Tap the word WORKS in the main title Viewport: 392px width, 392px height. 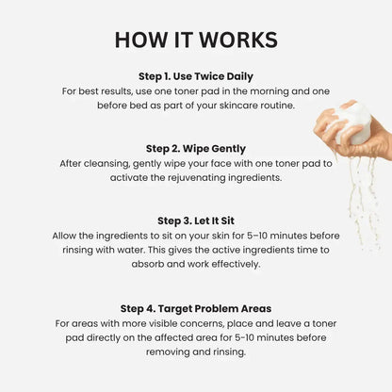(236, 40)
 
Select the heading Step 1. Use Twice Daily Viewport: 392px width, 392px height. (195, 76)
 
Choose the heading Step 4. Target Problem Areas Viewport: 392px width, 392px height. (195, 307)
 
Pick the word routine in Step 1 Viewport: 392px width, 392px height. (277, 106)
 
